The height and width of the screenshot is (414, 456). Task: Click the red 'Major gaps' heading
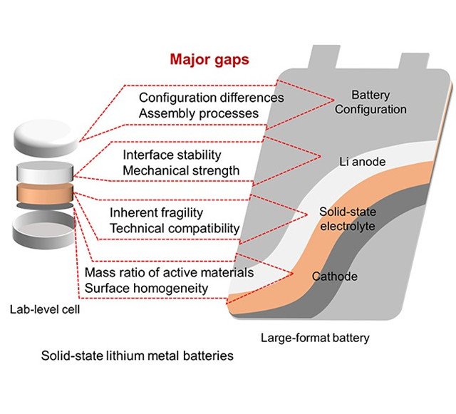point(209,59)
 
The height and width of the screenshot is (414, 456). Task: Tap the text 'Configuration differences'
point(211,98)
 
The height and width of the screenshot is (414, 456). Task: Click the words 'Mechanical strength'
point(181,170)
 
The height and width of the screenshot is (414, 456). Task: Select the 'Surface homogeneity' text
point(145,288)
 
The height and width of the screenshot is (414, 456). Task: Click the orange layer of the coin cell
point(44,194)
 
